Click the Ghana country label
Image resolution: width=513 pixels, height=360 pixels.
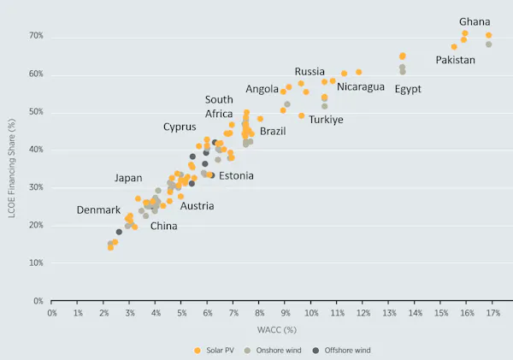[475, 21]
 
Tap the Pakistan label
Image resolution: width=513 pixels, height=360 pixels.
[456, 60]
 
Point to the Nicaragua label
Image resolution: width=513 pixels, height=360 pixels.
[361, 86]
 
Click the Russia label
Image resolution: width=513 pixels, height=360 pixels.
[310, 71]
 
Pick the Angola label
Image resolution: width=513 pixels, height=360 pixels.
[262, 89]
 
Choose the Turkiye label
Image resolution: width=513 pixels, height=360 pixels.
[326, 120]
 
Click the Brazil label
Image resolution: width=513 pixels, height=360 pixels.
[273, 131]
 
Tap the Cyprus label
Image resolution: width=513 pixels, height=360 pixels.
[180, 127]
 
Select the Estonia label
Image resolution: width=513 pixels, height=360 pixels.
[236, 176]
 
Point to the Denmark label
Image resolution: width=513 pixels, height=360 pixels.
[98, 210]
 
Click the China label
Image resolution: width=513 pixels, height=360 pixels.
[164, 226]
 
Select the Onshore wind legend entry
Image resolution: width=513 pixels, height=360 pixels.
[282, 350]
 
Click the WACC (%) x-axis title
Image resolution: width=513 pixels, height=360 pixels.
[272, 329]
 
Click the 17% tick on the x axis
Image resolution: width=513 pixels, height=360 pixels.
[492, 313]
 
